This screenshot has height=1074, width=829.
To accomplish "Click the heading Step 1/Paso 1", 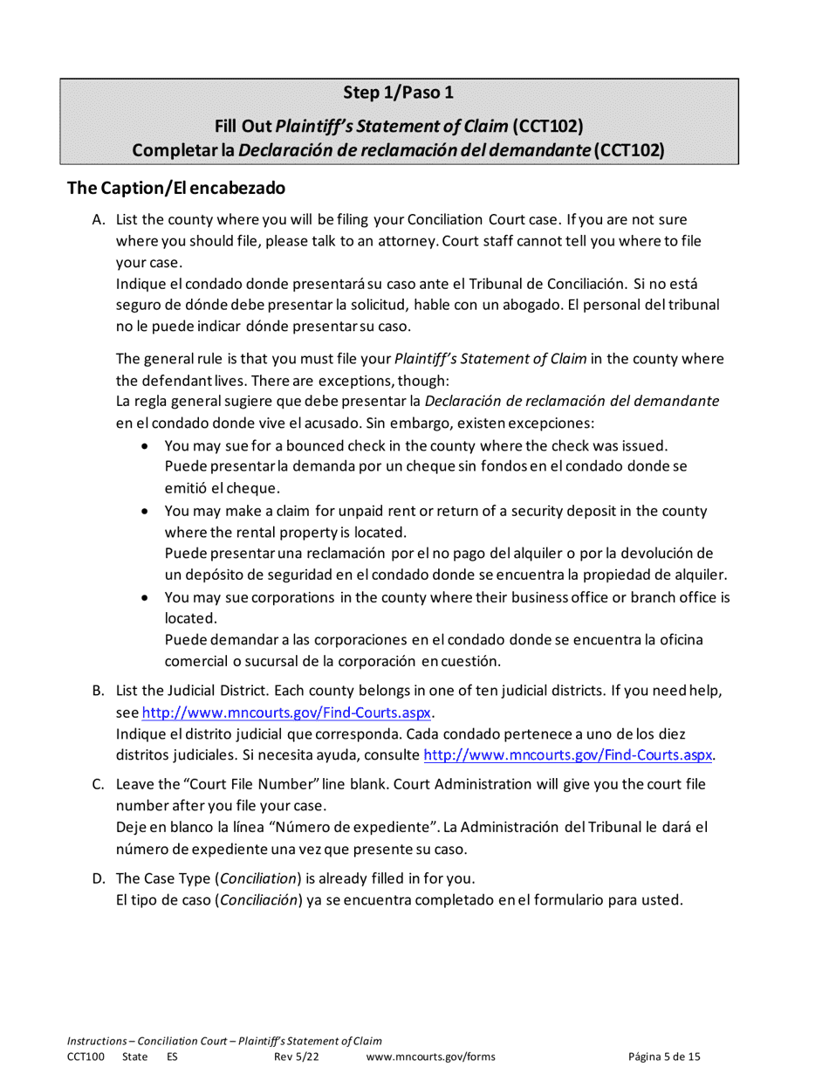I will pyautogui.click(x=398, y=93).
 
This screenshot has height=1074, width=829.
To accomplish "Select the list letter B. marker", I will pyautogui.click(x=99, y=692).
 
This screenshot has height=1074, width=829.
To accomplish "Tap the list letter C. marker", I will pyautogui.click(x=99, y=784).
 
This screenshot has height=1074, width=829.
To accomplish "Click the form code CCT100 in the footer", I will pyautogui.click(x=86, y=1057).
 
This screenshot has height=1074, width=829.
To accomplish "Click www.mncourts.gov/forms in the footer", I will pyautogui.click(x=431, y=1057).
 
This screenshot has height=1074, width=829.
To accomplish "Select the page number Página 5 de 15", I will pyautogui.click(x=664, y=1057).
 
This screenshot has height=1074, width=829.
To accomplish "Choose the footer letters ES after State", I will pyautogui.click(x=172, y=1057).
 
